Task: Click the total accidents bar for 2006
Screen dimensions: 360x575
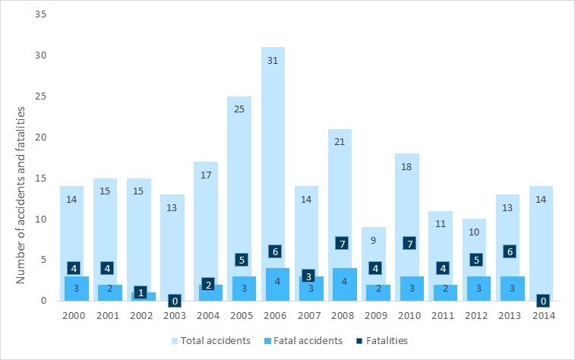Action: tap(276, 152)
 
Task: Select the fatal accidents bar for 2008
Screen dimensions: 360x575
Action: tap(344, 285)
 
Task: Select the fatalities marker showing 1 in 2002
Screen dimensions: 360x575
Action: tap(140, 292)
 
